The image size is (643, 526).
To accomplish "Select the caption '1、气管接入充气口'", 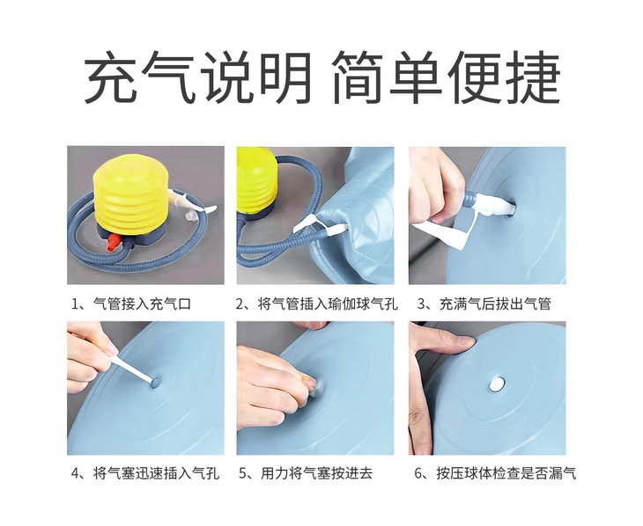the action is (131, 304).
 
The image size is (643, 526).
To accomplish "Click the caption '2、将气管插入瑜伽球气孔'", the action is (316, 304).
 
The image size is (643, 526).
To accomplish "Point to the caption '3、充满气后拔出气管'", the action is (484, 304).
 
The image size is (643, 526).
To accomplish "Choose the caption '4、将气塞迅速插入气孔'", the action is (145, 473).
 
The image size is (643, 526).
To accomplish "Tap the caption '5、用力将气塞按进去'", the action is (306, 473).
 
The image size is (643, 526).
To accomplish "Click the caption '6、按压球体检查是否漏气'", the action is (495, 473).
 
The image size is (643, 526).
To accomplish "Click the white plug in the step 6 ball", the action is (497, 384).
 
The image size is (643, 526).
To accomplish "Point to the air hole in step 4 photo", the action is (156, 382).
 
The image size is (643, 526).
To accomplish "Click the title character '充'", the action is (112, 77).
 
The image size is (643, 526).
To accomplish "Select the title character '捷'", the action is (533, 77).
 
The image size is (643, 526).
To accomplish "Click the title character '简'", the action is (358, 77).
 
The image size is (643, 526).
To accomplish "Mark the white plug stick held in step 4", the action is (132, 368).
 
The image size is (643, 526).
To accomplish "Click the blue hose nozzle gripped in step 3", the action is (469, 201).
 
